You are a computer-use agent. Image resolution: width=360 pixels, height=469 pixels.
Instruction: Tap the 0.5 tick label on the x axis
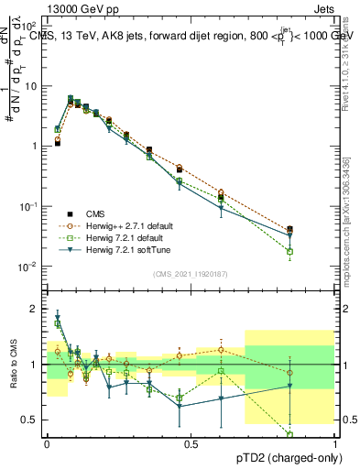[191, 442]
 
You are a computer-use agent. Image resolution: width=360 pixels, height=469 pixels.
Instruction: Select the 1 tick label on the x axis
[334, 442]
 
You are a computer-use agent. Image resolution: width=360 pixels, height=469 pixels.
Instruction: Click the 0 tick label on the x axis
[47, 442]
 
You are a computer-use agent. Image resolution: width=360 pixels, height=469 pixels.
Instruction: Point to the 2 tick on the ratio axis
[37, 309]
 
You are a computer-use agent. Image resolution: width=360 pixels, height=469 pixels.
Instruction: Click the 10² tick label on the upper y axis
[31, 26]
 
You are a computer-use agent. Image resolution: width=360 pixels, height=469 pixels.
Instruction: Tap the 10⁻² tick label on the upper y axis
[31, 267]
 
